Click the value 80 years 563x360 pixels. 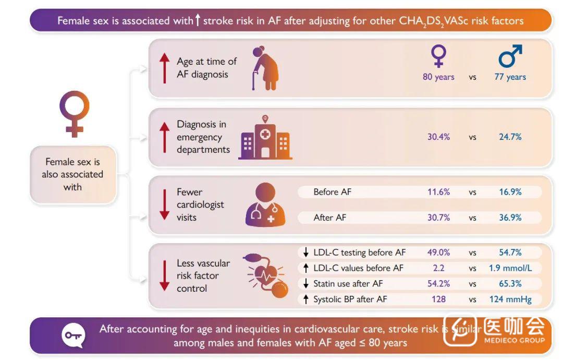click(438, 77)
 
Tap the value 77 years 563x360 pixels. click(510, 77)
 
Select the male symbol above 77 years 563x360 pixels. click(510, 56)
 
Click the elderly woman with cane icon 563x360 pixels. click(265, 68)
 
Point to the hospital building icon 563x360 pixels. click(265, 138)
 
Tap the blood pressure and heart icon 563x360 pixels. click(266, 275)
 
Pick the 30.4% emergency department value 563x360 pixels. click(438, 137)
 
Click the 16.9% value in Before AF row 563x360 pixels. click(510, 192)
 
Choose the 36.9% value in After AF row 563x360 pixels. click(510, 218)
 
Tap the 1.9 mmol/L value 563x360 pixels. click(510, 268)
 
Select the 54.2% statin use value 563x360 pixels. click(438, 284)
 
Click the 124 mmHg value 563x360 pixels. click(510, 299)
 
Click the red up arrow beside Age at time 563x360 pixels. click(165, 68)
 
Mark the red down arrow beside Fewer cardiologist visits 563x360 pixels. click(165, 205)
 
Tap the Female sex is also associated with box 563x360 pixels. click(73, 174)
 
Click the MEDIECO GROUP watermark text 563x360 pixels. click(514, 340)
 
